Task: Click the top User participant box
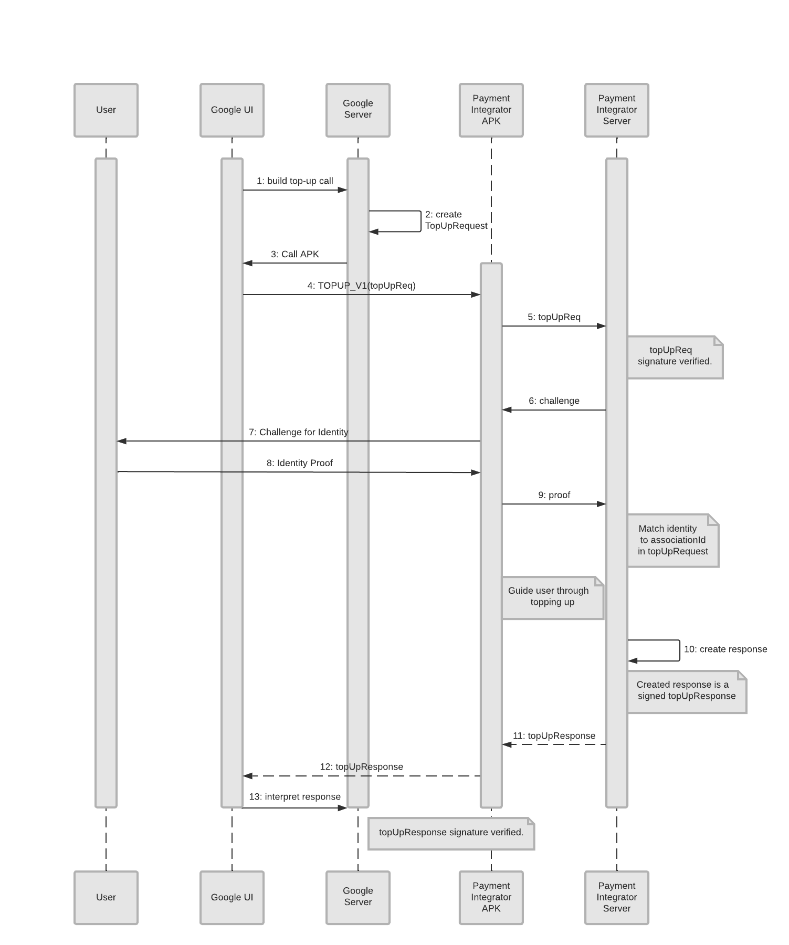[106, 110]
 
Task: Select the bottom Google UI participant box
[232, 897]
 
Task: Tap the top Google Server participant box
[357, 110]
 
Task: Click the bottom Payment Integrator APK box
[491, 897]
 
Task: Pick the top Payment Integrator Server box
[616, 110]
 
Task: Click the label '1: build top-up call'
[294, 181]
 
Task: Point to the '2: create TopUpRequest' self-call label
[456, 220]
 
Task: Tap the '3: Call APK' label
[294, 254]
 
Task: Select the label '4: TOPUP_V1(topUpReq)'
[361, 286]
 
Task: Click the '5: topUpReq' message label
[554, 317]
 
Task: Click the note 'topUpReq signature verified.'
[675, 356]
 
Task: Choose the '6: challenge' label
[554, 401]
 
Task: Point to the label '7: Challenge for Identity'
[298, 432]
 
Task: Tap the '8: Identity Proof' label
[299, 463]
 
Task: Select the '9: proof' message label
[554, 495]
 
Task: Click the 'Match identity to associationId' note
[672, 540]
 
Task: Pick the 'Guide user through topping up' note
[552, 597]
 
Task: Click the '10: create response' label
[725, 649]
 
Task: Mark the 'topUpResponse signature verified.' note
[451, 833]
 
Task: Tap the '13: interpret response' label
[294, 797]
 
